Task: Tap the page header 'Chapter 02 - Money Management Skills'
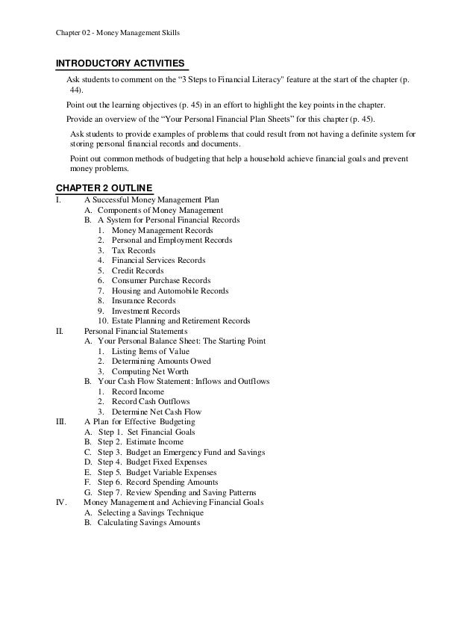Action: (119, 33)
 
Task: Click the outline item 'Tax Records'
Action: (134, 251)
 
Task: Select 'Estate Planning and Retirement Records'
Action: (181, 321)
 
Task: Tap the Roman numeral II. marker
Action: (60, 331)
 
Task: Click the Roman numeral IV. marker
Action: (63, 503)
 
